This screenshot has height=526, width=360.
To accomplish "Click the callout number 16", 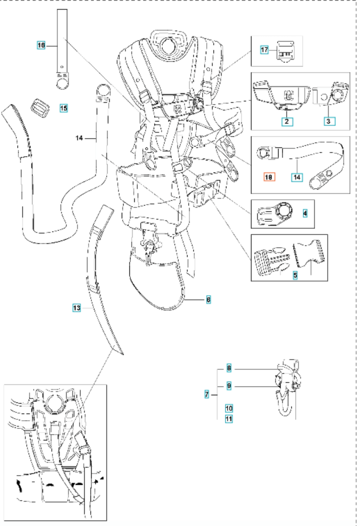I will (x=41, y=45).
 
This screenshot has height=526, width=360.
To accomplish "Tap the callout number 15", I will (x=64, y=108).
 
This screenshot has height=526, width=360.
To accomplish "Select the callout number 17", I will (x=264, y=50).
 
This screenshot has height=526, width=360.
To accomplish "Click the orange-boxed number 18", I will (x=269, y=177).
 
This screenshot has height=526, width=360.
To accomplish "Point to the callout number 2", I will (x=287, y=122).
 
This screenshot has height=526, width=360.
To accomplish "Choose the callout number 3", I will (x=329, y=122).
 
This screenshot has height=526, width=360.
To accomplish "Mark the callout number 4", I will (x=305, y=213).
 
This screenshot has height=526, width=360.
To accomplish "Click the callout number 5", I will (x=295, y=275).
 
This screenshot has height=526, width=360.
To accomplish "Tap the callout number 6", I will (x=208, y=299).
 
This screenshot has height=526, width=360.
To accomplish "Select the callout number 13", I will (x=76, y=308).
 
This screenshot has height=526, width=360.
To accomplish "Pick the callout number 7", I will (x=207, y=394).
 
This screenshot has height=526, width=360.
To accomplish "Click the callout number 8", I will (x=229, y=368).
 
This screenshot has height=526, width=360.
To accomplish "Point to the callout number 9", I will (x=229, y=386).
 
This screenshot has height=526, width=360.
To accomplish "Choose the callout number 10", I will (x=229, y=408).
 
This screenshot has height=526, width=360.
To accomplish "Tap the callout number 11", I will (x=229, y=419).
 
